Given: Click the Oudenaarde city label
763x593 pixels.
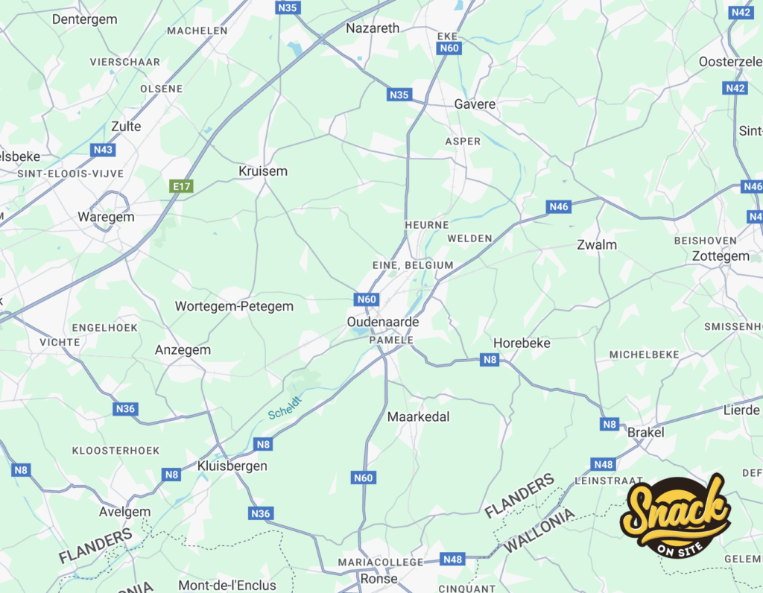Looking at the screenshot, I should click(x=383, y=322).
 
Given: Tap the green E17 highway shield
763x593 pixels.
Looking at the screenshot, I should click(x=181, y=186).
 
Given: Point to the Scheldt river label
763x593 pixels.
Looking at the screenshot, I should click(x=285, y=408).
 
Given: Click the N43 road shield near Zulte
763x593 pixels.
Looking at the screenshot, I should click(x=103, y=150).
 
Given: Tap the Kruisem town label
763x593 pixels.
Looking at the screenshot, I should click(x=262, y=171).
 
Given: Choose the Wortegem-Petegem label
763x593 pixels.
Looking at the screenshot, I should click(x=234, y=306).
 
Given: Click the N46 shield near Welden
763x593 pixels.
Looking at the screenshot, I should click(x=558, y=206).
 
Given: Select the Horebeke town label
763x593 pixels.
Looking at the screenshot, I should click(x=522, y=343).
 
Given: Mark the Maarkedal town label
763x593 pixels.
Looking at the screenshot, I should click(x=418, y=417).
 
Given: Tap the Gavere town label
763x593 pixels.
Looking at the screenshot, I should click(x=475, y=104).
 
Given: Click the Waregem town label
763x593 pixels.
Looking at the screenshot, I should click(x=106, y=218).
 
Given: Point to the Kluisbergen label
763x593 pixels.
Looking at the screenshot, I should click(x=232, y=466).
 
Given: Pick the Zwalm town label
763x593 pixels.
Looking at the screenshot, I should click(x=597, y=244).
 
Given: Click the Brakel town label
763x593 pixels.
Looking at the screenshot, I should click(x=645, y=432).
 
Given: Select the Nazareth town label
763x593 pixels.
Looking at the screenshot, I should click(x=373, y=28).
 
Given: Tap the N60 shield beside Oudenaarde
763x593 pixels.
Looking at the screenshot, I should click(x=367, y=299).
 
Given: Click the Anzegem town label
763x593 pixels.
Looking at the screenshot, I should click(x=183, y=349).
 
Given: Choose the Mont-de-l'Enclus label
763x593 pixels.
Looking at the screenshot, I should click(x=227, y=586).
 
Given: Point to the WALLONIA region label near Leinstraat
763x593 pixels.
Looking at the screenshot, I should click(x=539, y=530).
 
